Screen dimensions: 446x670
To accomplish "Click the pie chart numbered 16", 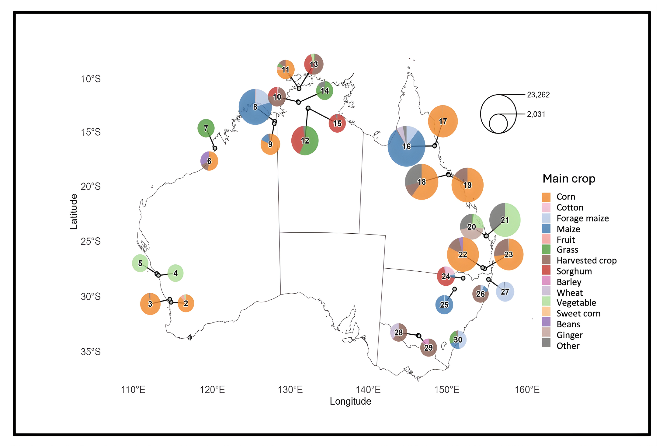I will (x=406, y=146).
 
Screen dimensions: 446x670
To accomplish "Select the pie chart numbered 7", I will (x=206, y=128).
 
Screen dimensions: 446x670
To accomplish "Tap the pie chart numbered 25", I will (x=444, y=305).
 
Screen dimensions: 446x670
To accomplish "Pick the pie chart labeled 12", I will (x=305, y=141).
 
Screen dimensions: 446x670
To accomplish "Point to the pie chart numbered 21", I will (x=505, y=220).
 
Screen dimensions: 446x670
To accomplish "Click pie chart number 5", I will (x=140, y=263).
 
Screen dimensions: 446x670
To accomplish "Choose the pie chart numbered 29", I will (x=428, y=347).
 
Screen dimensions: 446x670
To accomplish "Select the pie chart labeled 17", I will (x=443, y=121).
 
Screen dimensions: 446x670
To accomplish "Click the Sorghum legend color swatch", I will (x=546, y=270).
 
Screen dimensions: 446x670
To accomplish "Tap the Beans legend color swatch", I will (x=546, y=322).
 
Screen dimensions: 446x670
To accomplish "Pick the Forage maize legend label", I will (x=582, y=218).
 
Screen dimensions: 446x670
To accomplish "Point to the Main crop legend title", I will (x=569, y=179).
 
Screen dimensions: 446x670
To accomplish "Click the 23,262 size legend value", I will (x=538, y=95).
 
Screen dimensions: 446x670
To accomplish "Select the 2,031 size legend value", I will (x=536, y=114).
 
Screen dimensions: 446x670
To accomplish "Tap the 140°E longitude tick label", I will (x=368, y=390).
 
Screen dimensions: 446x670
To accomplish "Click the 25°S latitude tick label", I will (x=91, y=242).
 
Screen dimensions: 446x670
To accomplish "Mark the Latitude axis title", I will (x=74, y=212).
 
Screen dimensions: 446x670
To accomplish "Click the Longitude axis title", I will (x=350, y=402).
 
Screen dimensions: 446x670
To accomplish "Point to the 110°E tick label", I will (x=133, y=390).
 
